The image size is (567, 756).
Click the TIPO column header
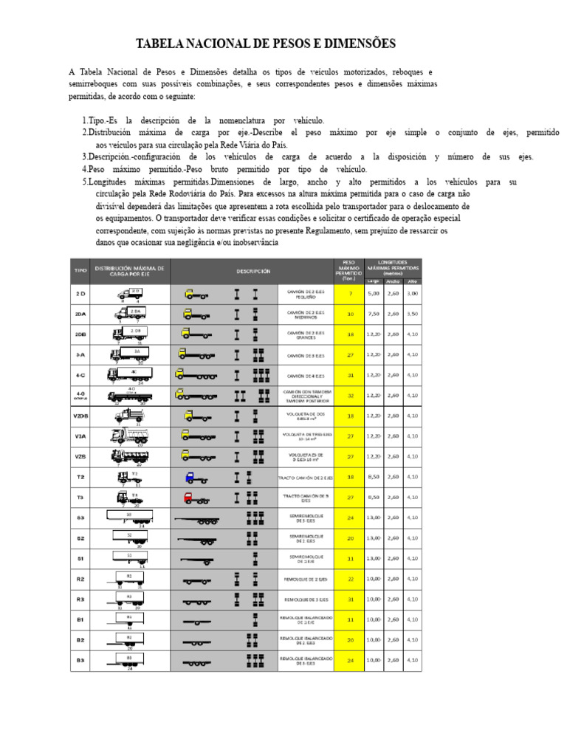point(80,271)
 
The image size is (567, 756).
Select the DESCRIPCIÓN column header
point(253,271)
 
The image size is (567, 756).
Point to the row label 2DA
point(80,314)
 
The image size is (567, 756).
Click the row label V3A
point(80,436)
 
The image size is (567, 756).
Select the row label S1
point(80,558)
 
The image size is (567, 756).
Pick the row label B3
point(80,659)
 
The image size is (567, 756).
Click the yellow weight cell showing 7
point(350,293)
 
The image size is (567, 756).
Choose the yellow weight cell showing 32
point(350,395)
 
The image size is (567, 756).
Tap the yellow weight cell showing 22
point(350,579)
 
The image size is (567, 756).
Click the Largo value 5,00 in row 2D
point(374,293)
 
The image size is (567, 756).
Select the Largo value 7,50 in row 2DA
point(374,314)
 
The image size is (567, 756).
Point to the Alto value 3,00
point(412,293)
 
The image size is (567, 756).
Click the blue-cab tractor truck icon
point(194,477)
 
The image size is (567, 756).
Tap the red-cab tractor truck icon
point(194,498)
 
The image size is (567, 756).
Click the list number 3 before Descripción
point(84,157)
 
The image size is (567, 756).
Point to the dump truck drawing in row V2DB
point(128,415)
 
